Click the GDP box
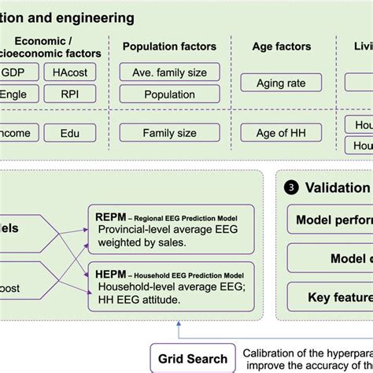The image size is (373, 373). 13,72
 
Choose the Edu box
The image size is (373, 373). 71,134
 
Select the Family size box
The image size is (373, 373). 169,134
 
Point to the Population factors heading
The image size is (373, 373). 169,46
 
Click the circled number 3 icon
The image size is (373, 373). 291,187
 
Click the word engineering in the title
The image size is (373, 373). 94,17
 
